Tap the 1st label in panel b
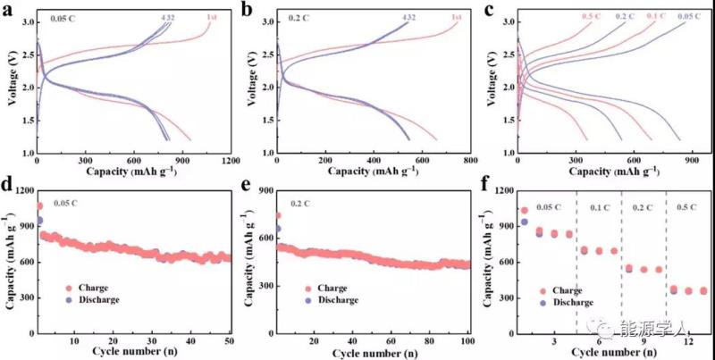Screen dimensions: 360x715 point(457,17)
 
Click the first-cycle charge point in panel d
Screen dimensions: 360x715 point(39,206)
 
